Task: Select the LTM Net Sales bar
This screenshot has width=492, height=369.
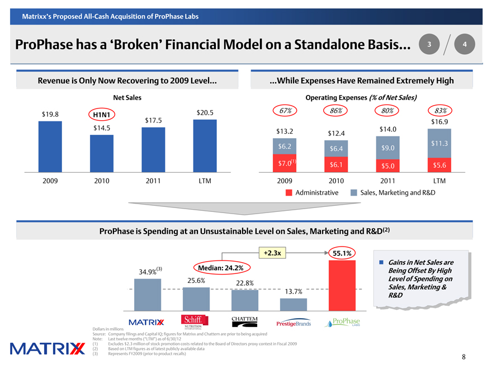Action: (x=205, y=146)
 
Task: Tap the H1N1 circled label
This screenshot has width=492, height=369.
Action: (x=101, y=115)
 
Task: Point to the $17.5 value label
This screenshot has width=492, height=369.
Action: (x=153, y=120)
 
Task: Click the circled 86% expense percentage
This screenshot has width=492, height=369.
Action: (x=336, y=110)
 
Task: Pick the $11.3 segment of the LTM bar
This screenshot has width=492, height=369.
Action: (x=439, y=144)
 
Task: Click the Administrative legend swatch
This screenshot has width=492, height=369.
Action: (x=289, y=192)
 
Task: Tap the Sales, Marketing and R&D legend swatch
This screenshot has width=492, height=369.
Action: (x=354, y=192)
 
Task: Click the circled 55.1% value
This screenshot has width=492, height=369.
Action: (x=342, y=253)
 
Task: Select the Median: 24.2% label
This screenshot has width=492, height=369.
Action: (x=219, y=268)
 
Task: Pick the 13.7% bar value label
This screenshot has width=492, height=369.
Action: (x=294, y=292)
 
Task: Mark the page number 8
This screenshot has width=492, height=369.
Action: (x=464, y=357)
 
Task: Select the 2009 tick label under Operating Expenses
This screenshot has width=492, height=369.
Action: (x=285, y=181)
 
